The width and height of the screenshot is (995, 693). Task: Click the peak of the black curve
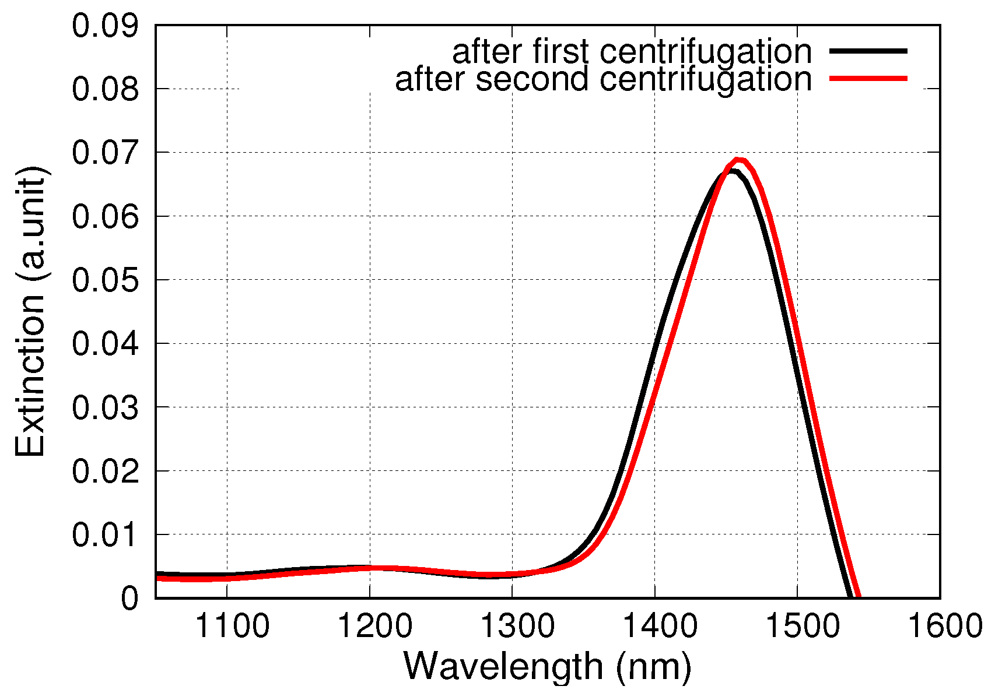pyautogui.click(x=731, y=171)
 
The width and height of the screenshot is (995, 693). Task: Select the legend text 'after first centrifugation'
pyautogui.click(x=632, y=52)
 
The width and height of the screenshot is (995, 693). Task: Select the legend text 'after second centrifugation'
pyautogui.click(x=603, y=79)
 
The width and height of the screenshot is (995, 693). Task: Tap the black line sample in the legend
pyautogui.click(x=868, y=51)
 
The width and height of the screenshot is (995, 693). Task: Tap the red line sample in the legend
pyautogui.click(x=868, y=78)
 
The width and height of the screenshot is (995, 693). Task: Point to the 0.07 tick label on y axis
pyautogui.click(x=106, y=153)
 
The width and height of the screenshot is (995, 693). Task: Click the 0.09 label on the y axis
pyautogui.click(x=106, y=26)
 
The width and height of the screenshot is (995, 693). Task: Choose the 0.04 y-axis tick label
pyautogui.click(x=106, y=344)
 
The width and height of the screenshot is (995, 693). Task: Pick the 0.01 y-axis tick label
pyautogui.click(x=106, y=535)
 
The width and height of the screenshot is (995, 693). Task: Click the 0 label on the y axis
pyautogui.click(x=129, y=599)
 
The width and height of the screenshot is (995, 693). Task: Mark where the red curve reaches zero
pyautogui.click(x=859, y=596)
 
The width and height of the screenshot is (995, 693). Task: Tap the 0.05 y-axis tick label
pyautogui.click(x=106, y=280)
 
